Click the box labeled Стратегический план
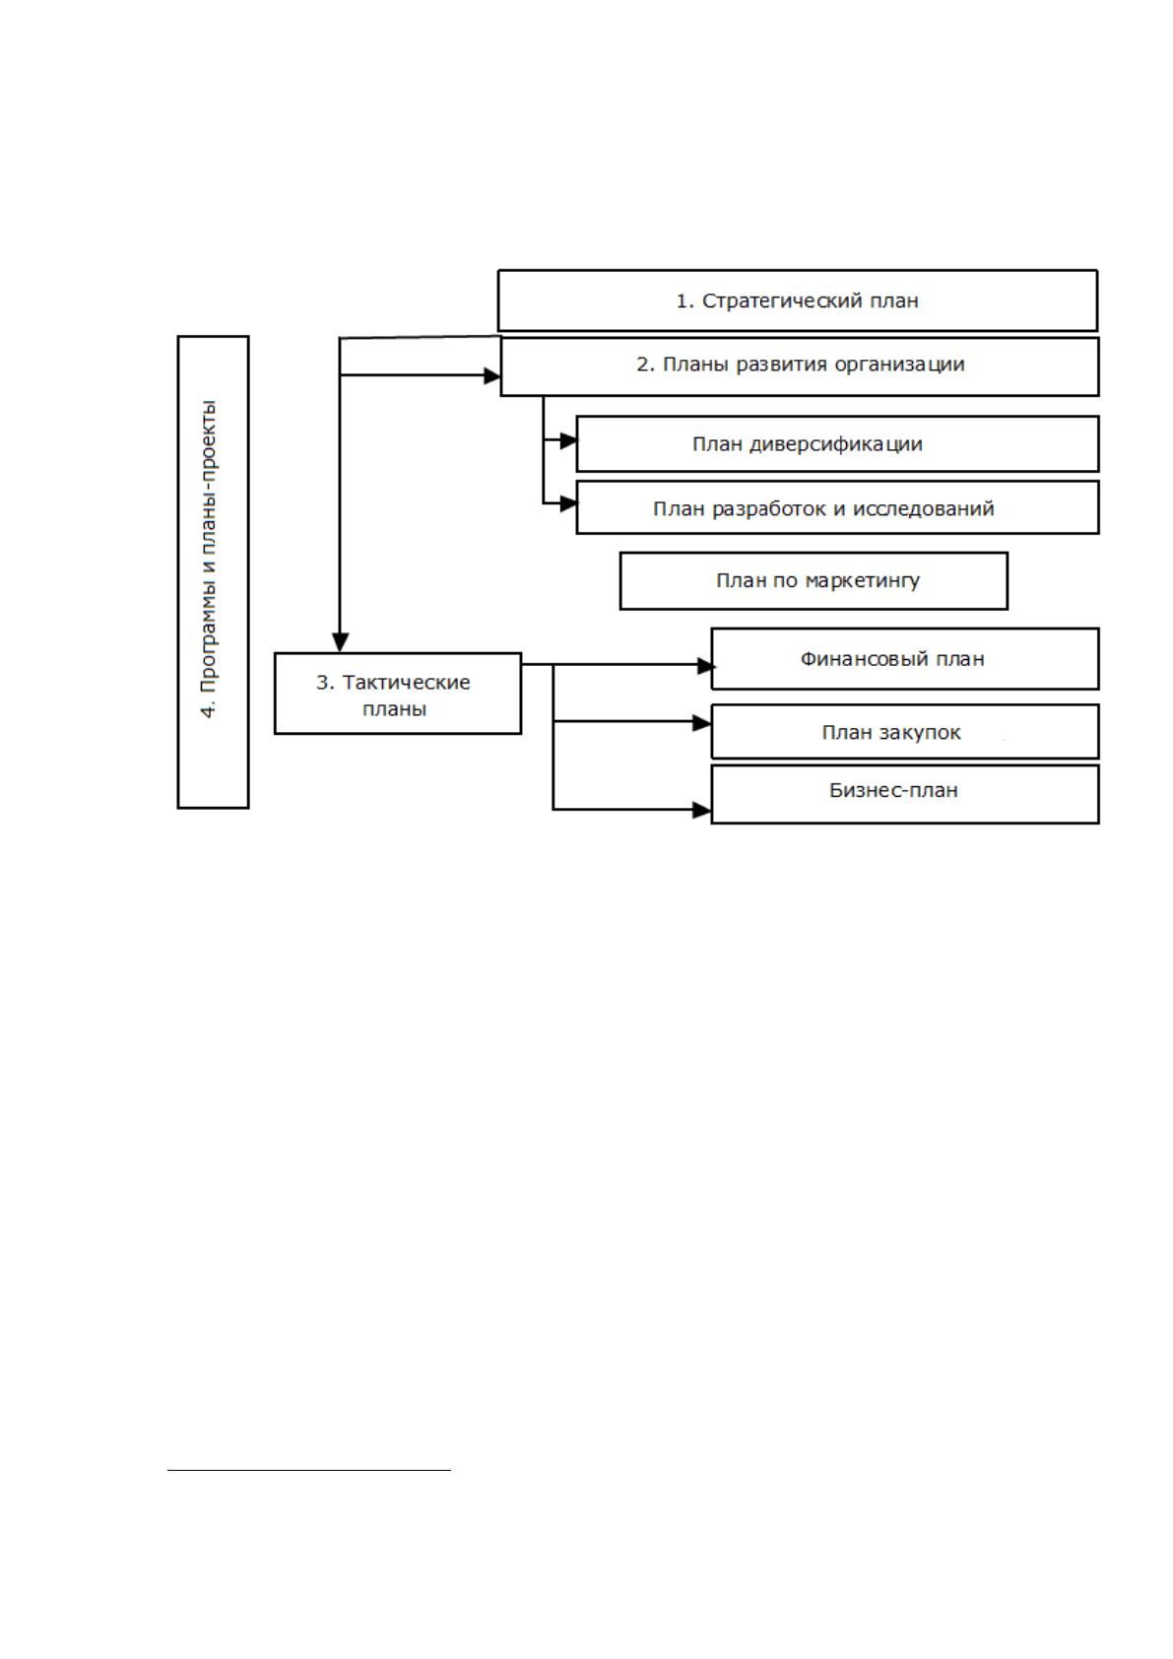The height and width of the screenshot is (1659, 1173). (797, 299)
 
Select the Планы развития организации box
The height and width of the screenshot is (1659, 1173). (799, 366)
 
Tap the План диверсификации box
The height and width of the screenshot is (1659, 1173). (837, 443)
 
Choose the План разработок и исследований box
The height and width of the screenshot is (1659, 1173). (837, 507)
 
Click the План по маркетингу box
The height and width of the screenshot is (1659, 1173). (814, 580)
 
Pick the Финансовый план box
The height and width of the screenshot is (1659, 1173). (904, 658)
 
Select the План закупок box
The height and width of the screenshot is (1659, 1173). (904, 731)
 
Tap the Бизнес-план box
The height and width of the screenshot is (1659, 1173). (904, 794)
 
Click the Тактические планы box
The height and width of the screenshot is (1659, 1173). (398, 694)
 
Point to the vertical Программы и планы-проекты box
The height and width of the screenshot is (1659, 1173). (213, 571)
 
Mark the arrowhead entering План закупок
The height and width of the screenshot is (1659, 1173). (702, 723)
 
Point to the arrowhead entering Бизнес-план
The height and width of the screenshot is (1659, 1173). (702, 810)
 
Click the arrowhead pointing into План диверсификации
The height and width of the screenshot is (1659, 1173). (568, 440)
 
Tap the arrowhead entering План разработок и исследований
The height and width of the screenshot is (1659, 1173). (568, 503)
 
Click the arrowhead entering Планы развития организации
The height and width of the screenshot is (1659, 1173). (492, 375)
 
